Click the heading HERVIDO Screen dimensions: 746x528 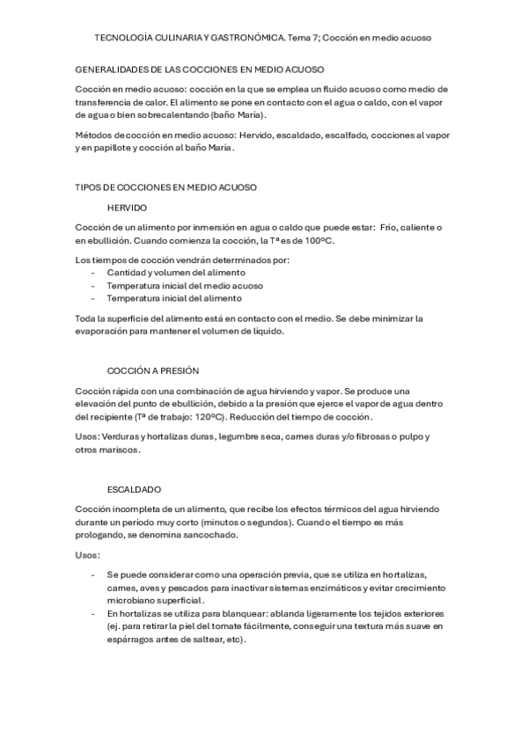tap(127, 208)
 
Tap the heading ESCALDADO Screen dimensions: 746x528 tap(134, 489)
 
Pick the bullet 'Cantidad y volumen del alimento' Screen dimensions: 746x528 tap(176, 273)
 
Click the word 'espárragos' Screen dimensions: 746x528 tap(132, 640)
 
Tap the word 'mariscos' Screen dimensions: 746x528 tap(119, 450)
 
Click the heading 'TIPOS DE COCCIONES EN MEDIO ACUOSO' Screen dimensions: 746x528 tap(166, 186)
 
